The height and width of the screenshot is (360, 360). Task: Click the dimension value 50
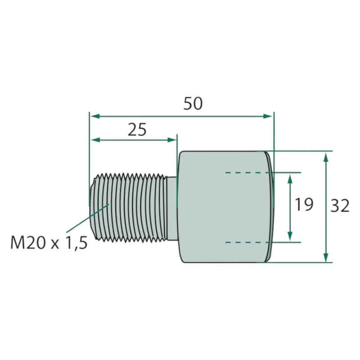pyautogui.click(x=193, y=104)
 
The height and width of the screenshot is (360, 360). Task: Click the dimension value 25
pyautogui.click(x=137, y=130)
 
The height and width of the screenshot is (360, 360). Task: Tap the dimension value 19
pyautogui.click(x=304, y=204)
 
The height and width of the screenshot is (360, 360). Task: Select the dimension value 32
pyautogui.click(x=340, y=206)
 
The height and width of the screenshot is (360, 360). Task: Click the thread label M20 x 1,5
pyautogui.click(x=49, y=243)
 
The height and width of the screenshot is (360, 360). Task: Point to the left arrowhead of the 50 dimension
pyautogui.click(x=95, y=116)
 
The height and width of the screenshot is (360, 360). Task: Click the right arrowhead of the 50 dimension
pyautogui.click(x=268, y=116)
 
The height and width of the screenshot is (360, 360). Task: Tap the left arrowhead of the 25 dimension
pyautogui.click(x=96, y=140)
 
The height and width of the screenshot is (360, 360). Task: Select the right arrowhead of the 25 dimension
pyautogui.click(x=171, y=140)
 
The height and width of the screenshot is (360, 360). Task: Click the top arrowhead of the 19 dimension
pyautogui.click(x=290, y=179)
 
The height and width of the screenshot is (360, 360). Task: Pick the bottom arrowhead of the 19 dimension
pyautogui.click(x=290, y=236)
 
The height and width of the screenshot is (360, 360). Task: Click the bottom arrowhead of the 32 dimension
pyautogui.click(x=326, y=256)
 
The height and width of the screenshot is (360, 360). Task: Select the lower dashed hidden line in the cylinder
pyautogui.click(x=247, y=242)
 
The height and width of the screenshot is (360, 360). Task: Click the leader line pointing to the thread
pyautogui.click(x=87, y=218)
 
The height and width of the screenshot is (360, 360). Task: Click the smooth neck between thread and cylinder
pyautogui.click(x=172, y=208)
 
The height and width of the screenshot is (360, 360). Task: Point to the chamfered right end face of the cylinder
pyautogui.click(x=270, y=207)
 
